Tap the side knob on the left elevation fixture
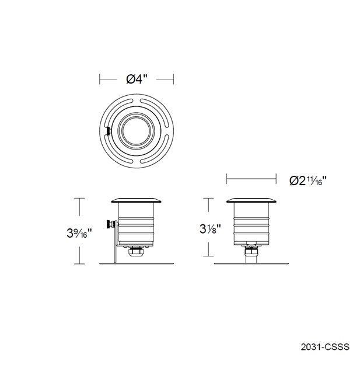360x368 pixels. (x=109, y=224)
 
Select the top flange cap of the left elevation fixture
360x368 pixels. (x=137, y=199)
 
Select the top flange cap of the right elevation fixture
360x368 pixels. (x=252, y=199)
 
